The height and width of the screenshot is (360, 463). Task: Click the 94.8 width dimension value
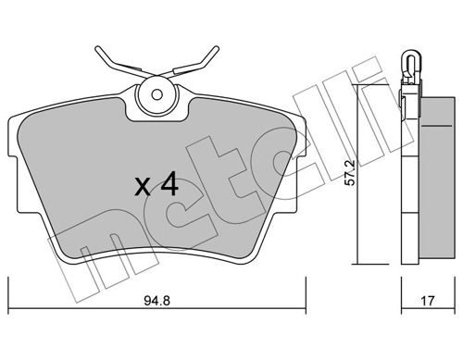(156, 301)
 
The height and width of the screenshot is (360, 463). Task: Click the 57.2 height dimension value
(350, 173)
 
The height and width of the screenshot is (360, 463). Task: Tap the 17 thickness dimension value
(428, 301)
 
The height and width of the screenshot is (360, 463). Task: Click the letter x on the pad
(143, 187)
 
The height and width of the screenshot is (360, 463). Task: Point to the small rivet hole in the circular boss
(157, 94)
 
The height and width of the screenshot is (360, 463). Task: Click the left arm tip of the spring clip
(97, 48)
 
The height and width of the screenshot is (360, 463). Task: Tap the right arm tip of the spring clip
(216, 48)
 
